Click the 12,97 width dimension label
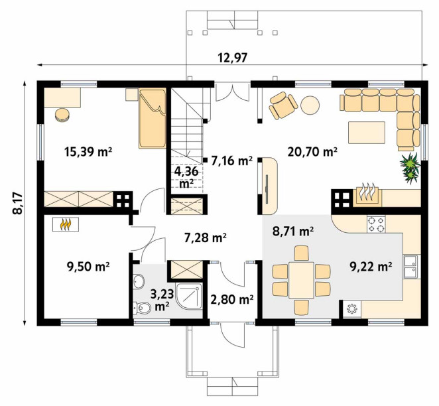[x=233, y=58]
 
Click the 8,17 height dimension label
[x=18, y=203]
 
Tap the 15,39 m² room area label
[x=88, y=152]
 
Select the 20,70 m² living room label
[x=312, y=152]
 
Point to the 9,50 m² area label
[x=88, y=266]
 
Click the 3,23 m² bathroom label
[x=162, y=300]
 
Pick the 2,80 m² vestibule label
[x=232, y=300]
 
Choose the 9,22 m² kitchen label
[x=371, y=266]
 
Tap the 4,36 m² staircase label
[x=186, y=177]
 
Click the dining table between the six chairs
[x=301, y=280]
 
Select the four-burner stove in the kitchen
[x=376, y=224]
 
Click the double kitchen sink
[x=410, y=266]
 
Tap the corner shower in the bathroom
[x=189, y=297]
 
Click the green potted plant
[x=410, y=169]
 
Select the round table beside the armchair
[x=310, y=105]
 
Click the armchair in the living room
[x=283, y=105]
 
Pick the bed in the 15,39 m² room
[x=153, y=118]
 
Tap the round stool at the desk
[x=62, y=115]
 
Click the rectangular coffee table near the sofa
[x=367, y=133]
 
